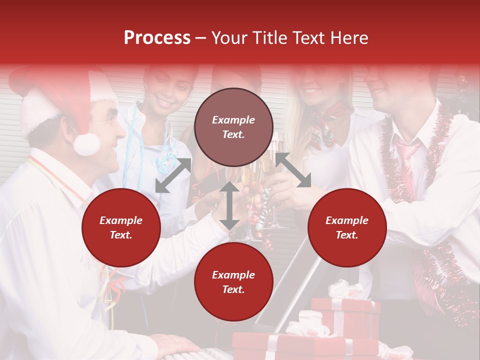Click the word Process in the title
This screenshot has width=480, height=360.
(157, 38)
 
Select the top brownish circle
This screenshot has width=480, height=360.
(233, 127)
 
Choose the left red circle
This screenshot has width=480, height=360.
(121, 227)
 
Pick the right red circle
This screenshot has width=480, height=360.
(347, 227)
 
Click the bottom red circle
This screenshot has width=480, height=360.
(233, 282)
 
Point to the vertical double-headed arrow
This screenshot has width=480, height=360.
(229, 205)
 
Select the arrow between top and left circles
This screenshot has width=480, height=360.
(173, 175)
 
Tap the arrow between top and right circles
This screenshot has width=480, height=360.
(293, 170)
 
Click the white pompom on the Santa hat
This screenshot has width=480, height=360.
(86, 143)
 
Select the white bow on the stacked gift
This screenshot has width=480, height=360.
(345, 290)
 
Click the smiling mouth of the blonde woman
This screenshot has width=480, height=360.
(312, 90)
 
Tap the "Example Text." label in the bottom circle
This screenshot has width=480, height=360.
(233, 282)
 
